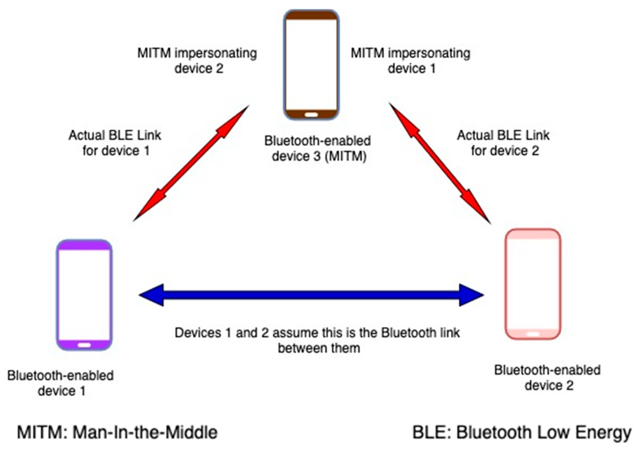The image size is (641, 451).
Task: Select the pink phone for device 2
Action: pos(533,284)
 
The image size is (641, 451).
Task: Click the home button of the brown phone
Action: pos(311,115)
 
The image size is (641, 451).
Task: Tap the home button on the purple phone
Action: pos(84,345)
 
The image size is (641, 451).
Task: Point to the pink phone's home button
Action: pos(533,334)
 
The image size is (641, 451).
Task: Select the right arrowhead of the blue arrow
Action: pos(471,295)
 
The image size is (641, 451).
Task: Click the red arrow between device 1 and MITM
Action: pos(191,163)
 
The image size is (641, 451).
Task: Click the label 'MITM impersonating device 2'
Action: pos(197,61)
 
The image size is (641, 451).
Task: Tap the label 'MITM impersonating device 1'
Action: pos(411,61)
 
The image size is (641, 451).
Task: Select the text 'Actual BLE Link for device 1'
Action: pos(115,143)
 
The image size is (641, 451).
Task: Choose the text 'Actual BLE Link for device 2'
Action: pos(503,143)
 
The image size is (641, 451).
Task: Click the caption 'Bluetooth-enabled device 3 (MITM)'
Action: pos(318,149)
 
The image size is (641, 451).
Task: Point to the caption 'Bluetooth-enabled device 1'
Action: pos(61,383)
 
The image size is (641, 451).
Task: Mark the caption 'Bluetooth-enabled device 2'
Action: pos(548,378)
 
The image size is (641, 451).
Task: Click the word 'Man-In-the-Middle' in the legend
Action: pos(145,432)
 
